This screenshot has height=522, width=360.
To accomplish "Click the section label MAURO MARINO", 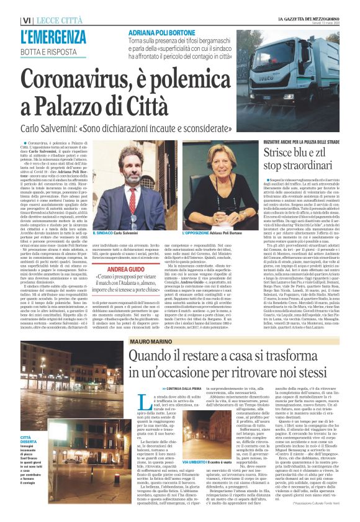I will click(146, 341).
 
